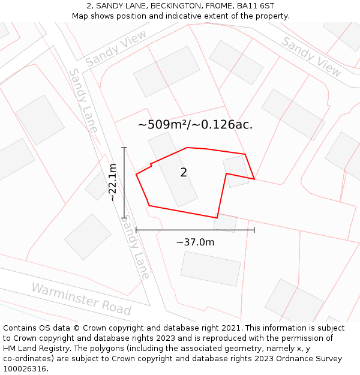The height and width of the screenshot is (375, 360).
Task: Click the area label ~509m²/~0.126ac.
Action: coord(195,125)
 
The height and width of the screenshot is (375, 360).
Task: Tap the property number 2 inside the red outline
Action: coord(184,173)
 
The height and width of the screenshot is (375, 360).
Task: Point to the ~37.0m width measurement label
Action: coord(195,242)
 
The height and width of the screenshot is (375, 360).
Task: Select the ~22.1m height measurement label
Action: coord(112,182)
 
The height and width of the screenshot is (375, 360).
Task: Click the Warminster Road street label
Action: coord(81,298)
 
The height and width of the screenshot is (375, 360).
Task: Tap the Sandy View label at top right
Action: coord(311,56)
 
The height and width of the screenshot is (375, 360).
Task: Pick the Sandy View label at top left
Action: coord(116,49)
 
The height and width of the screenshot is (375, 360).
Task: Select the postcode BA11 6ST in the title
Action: coord(256,6)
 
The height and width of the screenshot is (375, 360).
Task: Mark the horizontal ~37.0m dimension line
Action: coord(195,229)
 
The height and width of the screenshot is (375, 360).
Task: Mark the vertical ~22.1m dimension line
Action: coord(124,182)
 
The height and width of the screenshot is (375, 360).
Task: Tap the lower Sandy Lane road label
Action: coord(136,247)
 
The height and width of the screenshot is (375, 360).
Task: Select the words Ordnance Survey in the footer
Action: coord(311,359)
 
